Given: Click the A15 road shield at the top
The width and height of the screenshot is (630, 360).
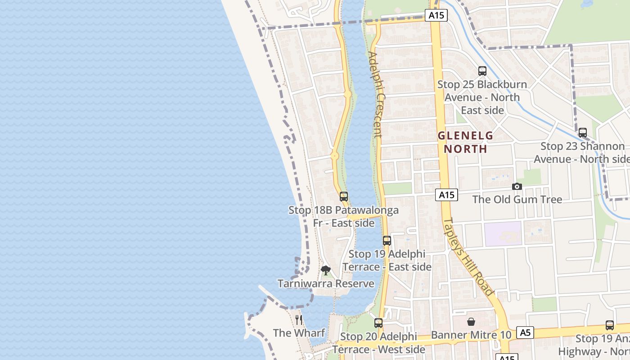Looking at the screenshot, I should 436,15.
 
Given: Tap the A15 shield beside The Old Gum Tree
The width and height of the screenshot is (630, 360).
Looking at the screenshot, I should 446,195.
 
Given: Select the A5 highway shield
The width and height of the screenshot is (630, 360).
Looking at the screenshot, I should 525,333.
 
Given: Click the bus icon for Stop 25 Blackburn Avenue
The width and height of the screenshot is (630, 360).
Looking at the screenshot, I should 482,71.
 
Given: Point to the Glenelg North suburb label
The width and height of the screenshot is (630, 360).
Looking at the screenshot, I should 465,142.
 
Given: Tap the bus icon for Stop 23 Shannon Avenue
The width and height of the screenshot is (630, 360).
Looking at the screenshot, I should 583,133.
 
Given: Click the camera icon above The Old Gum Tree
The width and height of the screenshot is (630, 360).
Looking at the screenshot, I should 517,186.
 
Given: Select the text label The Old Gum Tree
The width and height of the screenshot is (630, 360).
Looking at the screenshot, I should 517,199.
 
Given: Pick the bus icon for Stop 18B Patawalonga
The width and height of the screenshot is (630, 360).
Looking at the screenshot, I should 344,197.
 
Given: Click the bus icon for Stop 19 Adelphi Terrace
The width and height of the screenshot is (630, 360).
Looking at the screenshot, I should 387,241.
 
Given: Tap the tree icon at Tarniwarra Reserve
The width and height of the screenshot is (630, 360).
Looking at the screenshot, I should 326,270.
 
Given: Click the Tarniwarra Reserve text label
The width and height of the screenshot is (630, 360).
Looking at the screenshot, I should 326,283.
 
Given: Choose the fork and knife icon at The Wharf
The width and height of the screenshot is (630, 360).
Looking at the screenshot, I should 299,319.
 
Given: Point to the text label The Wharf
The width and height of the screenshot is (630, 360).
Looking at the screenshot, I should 299,333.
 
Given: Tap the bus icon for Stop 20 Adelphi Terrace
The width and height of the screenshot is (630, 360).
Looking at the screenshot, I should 378,323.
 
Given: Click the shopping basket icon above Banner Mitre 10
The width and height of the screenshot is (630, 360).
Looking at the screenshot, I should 471,322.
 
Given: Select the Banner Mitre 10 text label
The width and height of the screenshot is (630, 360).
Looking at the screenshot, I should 471,335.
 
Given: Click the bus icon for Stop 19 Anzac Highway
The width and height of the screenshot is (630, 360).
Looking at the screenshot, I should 610,325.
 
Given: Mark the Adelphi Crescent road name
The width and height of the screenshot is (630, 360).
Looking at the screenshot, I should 375,94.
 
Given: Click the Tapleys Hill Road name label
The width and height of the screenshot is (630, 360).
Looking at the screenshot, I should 468,256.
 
